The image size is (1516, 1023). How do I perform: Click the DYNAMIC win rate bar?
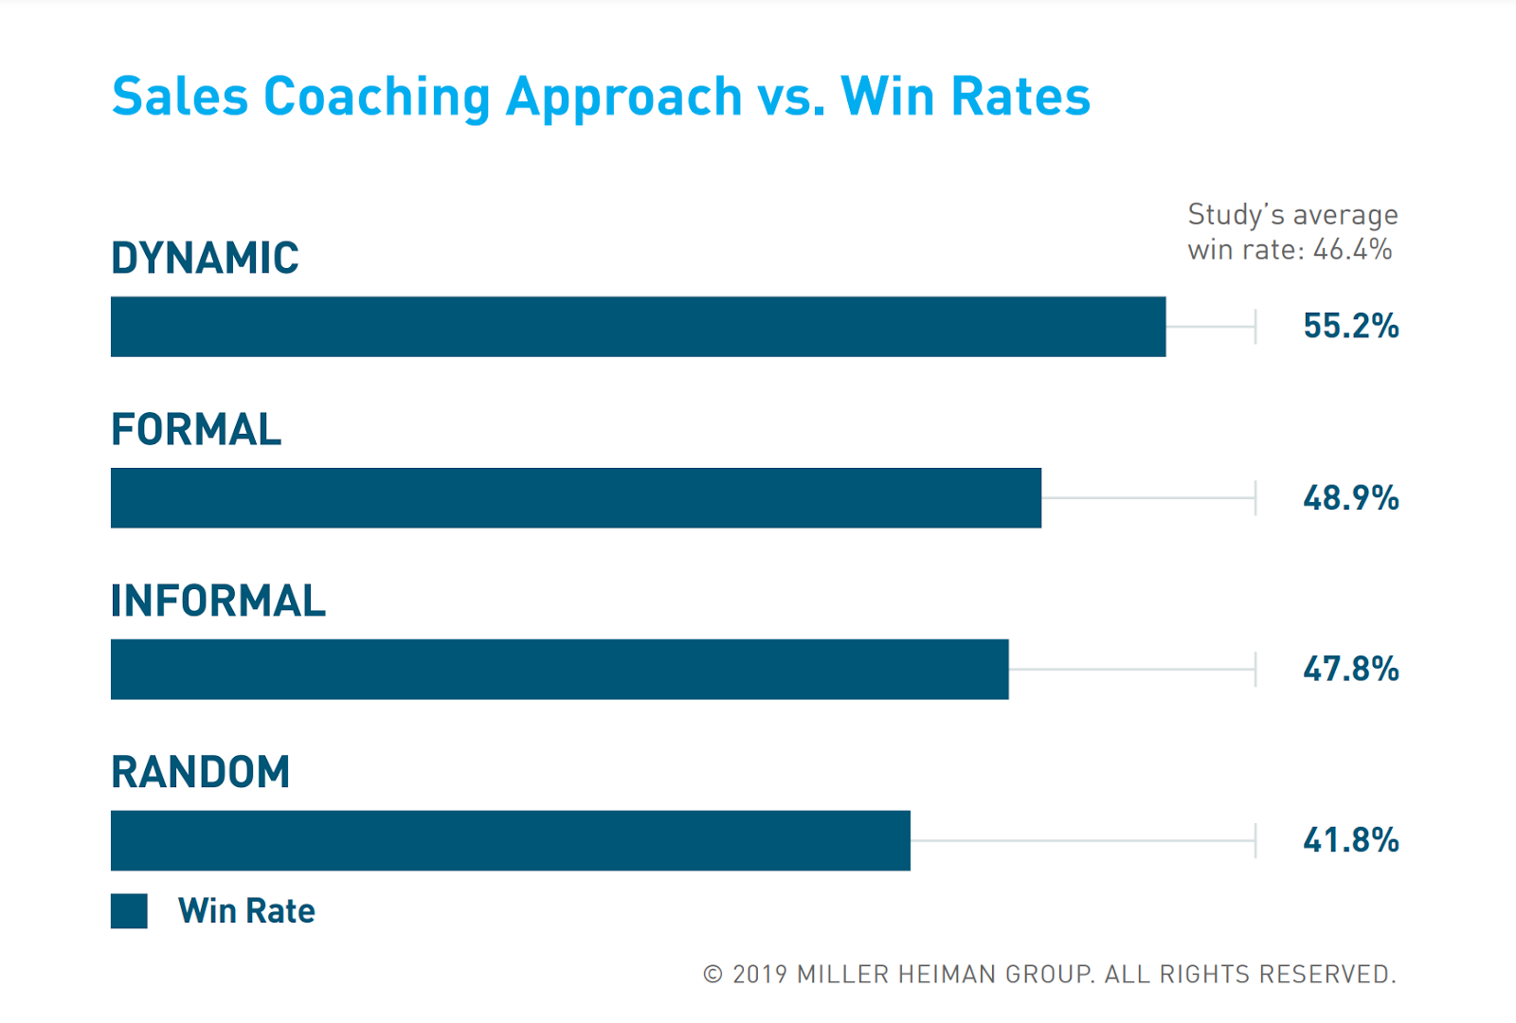pos(638,327)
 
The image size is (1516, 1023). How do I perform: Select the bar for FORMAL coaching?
pos(576,498)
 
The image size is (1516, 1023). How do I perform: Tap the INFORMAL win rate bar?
pos(559,670)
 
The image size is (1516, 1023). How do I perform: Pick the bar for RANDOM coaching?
pos(510,841)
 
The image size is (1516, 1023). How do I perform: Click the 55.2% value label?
pos(1350,327)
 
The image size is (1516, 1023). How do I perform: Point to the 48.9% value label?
pos(1350,498)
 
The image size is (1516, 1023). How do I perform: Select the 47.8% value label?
pos(1350,670)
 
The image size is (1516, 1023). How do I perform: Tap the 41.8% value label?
pos(1350,841)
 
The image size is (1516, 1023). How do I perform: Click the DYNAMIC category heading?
pos(205,259)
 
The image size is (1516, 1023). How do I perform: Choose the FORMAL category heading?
pos(196,430)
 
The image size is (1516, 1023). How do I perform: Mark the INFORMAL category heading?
pos(218,601)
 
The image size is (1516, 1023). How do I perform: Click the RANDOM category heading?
pos(200,773)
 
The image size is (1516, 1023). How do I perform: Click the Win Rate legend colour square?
pos(129,911)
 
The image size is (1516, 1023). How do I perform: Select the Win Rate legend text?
pos(246,911)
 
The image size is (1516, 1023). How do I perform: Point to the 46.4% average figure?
pos(1352,250)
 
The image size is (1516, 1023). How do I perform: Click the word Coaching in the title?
pos(376,98)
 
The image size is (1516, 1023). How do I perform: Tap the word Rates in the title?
pos(1020,98)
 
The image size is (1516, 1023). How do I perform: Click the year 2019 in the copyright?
pos(760,975)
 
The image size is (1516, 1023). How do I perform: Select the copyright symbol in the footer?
pos(713,975)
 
